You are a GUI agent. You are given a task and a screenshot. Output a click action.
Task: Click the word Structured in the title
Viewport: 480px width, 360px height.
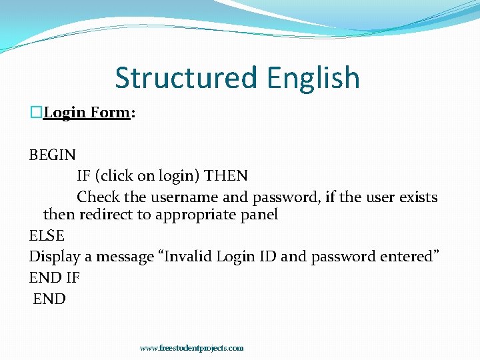click(x=187, y=78)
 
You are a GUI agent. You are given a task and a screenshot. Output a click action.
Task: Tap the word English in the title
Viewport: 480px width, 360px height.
click(x=313, y=78)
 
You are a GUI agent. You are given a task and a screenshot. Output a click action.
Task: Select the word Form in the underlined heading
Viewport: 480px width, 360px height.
click(x=110, y=113)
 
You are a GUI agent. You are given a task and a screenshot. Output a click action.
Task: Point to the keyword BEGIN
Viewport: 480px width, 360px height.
click(x=53, y=155)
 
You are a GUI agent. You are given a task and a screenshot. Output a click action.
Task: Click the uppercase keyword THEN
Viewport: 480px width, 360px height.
click(x=226, y=176)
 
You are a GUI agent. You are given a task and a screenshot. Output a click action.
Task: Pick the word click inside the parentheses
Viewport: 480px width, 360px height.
click(x=117, y=176)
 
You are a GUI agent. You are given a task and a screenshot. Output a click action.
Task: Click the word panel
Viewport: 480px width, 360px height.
click(x=260, y=215)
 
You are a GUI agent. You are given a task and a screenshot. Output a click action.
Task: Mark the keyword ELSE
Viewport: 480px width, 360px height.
click(x=47, y=235)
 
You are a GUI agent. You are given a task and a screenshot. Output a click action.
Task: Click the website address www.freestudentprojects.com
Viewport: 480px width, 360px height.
click(x=192, y=348)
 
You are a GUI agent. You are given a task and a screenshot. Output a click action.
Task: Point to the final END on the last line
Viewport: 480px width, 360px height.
click(x=50, y=299)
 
